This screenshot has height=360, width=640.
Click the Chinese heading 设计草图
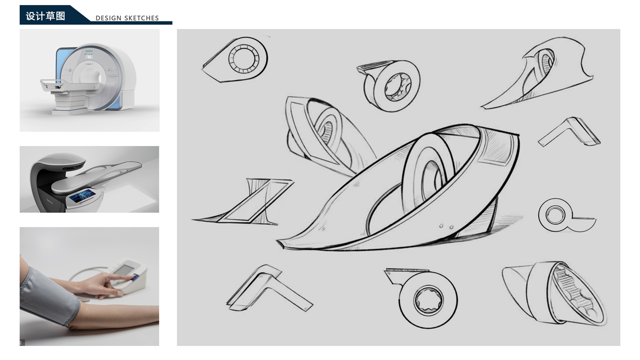[45, 16]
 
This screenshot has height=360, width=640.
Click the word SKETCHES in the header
[142, 18]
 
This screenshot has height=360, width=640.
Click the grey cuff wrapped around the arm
[48, 295]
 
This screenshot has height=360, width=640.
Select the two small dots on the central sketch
[446, 227]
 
